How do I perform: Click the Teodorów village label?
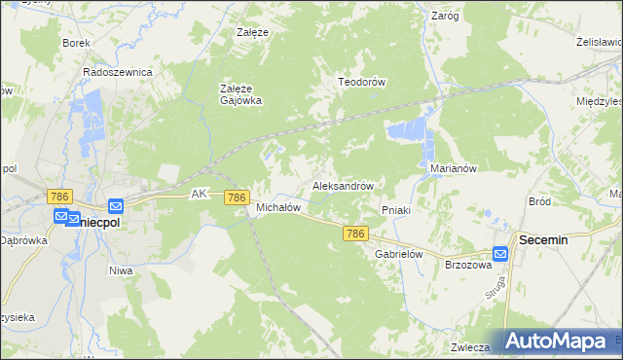(x=362, y=83)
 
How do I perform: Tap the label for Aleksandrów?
(x=343, y=185)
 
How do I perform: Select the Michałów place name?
(x=277, y=207)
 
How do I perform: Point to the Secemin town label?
(x=544, y=238)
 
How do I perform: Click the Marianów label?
(x=453, y=168)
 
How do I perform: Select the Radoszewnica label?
(x=118, y=72)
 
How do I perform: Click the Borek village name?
(x=76, y=43)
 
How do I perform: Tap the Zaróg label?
(x=445, y=16)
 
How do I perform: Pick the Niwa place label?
(x=121, y=270)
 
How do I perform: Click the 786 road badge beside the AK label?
(x=236, y=198)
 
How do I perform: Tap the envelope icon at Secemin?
(x=500, y=254)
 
